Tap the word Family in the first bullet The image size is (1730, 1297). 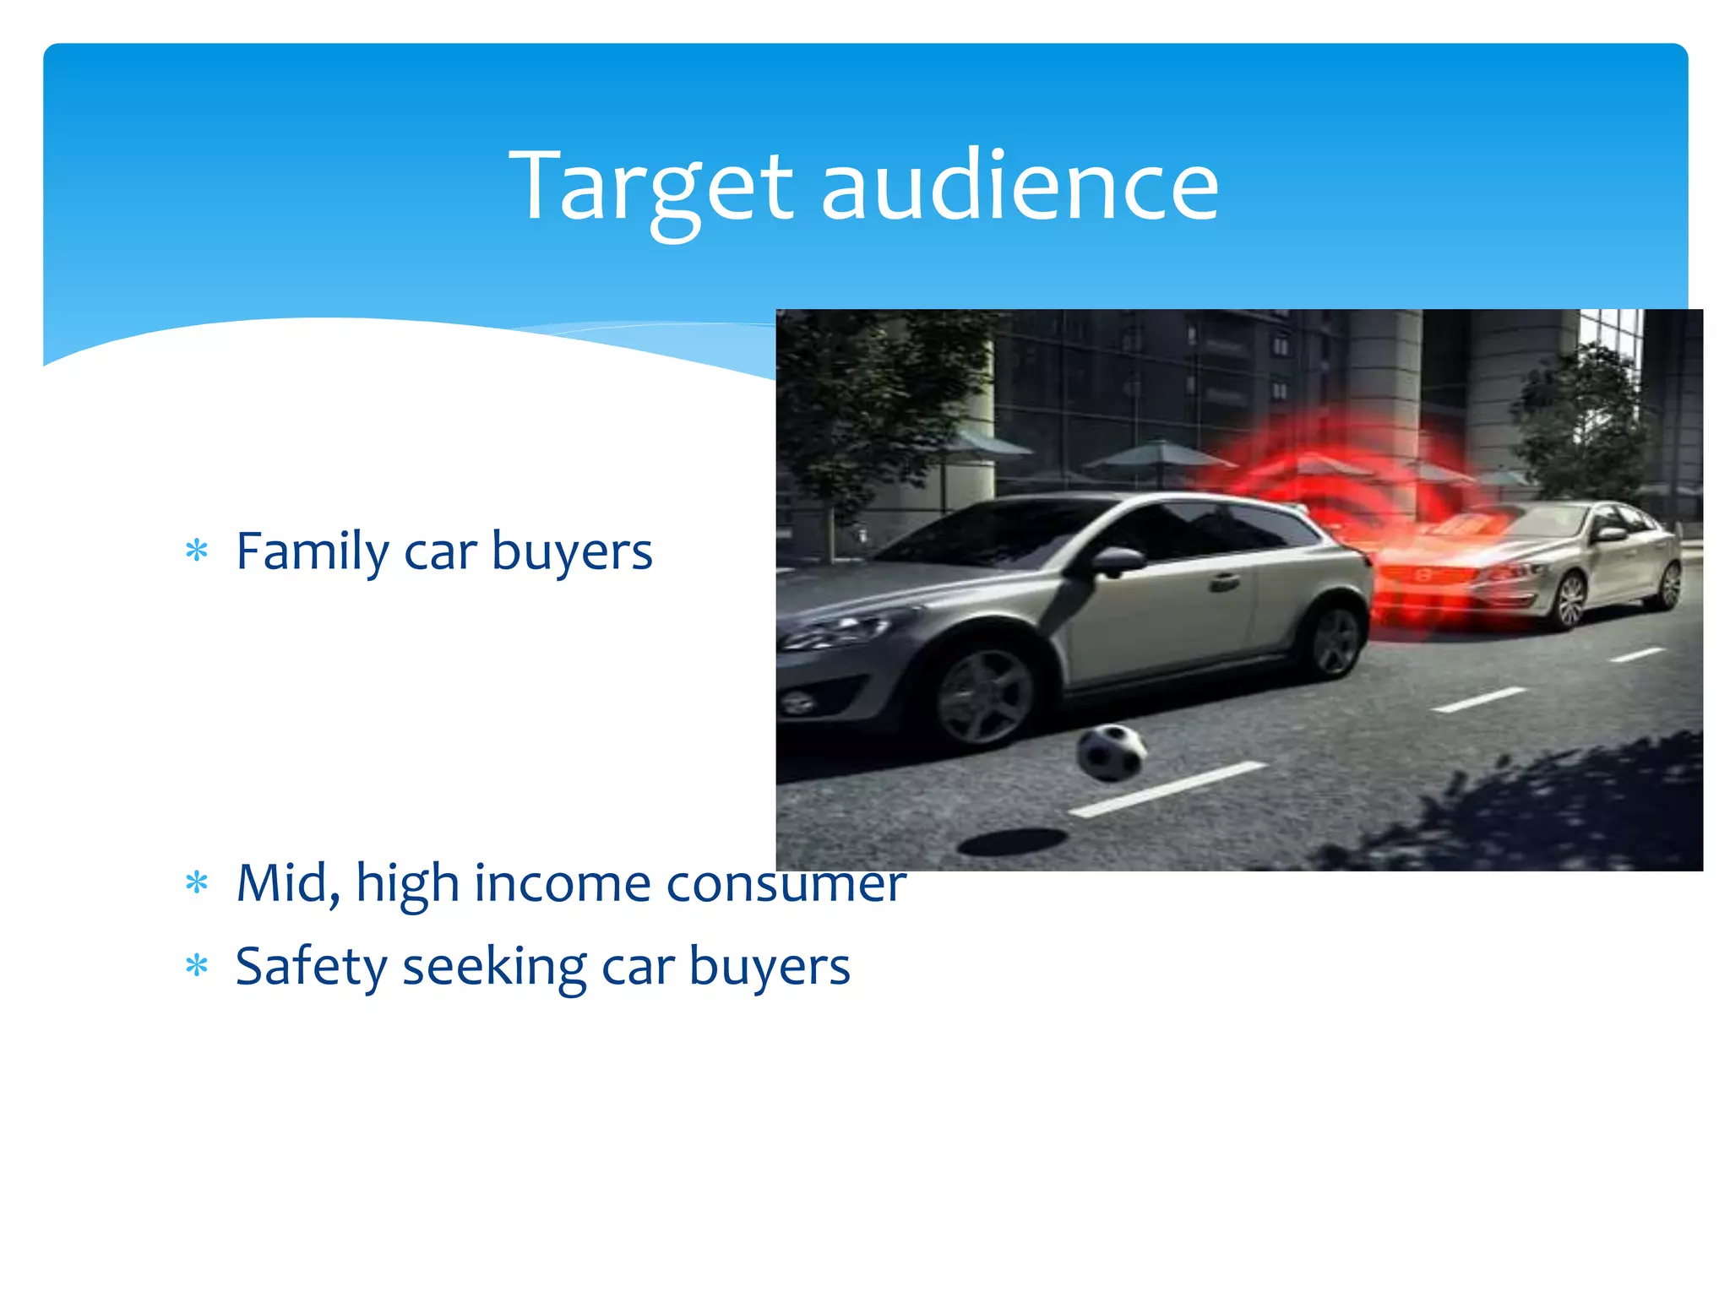(x=311, y=552)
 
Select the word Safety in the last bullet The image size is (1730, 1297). (x=310, y=967)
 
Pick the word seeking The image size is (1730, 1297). (x=494, y=967)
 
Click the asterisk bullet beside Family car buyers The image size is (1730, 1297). (x=197, y=551)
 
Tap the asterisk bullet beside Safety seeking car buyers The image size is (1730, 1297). (x=197, y=965)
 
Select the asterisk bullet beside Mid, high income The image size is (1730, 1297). (x=197, y=883)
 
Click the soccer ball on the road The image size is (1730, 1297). (x=1111, y=752)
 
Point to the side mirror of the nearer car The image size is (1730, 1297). (x=1117, y=562)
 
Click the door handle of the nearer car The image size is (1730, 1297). (x=1224, y=581)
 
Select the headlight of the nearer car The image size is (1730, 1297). (x=836, y=632)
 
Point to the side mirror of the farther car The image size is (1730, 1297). (x=1609, y=534)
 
